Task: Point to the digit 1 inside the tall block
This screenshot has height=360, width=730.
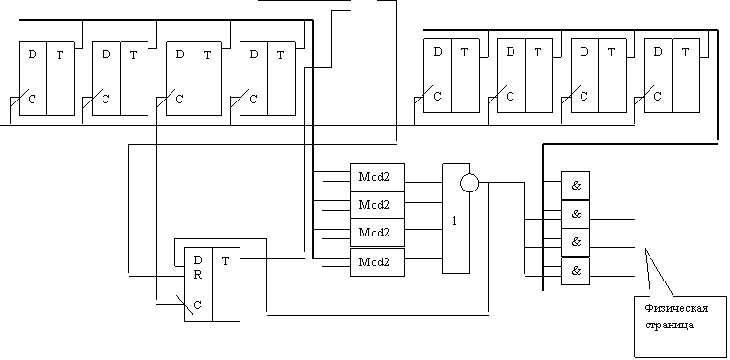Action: [455, 221]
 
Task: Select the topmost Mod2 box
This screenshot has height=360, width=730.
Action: [377, 177]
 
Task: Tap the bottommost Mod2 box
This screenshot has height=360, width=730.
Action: [377, 262]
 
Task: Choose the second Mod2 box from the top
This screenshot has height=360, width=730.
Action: [377, 205]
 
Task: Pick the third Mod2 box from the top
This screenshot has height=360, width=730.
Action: [377, 233]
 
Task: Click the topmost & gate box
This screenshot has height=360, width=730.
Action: [576, 186]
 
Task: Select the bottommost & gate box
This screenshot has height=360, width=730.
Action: [576, 271]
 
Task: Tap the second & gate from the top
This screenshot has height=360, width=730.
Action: [576, 214]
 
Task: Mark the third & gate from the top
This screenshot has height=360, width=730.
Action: [576, 242]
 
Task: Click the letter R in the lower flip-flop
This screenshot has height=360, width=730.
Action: [198, 275]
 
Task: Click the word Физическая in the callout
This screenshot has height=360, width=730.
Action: [676, 309]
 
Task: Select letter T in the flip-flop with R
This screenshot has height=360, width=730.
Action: [226, 261]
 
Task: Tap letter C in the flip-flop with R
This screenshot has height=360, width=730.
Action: [198, 305]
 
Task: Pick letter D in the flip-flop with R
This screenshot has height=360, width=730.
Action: [198, 259]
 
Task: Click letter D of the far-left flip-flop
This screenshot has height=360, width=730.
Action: [33, 55]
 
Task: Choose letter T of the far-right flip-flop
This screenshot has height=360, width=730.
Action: [685, 53]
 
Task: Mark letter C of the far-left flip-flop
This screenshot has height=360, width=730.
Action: [33, 99]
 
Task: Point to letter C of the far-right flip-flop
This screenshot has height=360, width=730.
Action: [658, 97]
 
